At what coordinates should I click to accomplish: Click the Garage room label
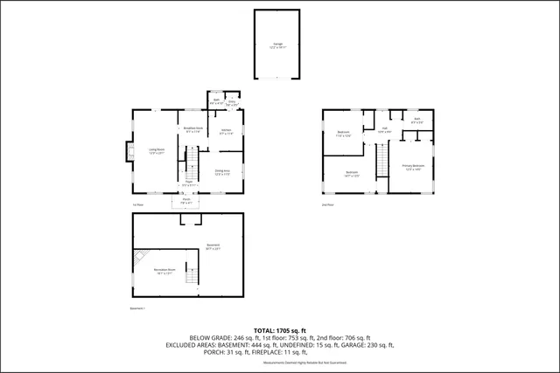277,43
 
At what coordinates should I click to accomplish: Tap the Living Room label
157,150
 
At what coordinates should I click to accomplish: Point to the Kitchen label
226,132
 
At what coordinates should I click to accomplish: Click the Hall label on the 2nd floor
384,129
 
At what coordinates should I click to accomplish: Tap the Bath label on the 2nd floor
416,121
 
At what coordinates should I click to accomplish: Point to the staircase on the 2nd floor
381,157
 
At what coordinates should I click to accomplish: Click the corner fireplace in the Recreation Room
141,257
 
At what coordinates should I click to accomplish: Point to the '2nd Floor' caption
327,205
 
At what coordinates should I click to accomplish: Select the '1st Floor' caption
137,205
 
